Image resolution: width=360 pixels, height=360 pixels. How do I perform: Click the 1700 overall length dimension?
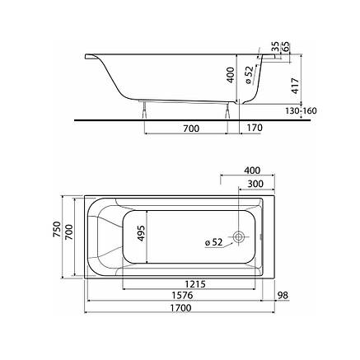[x=180, y=307]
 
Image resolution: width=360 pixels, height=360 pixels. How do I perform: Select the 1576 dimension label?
[x=182, y=295]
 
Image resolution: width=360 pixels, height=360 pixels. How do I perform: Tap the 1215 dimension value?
[x=195, y=283]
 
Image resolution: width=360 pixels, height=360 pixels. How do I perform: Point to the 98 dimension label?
[x=283, y=295]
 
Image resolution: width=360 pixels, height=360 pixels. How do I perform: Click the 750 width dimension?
[x=57, y=229]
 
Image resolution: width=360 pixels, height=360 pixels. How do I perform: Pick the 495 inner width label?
[x=141, y=233]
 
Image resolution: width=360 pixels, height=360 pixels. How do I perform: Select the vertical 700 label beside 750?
[x=69, y=232]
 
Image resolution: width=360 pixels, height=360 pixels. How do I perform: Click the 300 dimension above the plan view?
[x=255, y=184]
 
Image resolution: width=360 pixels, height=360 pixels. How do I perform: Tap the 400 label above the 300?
[x=252, y=171]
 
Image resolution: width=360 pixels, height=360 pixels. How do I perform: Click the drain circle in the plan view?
[x=238, y=236]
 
